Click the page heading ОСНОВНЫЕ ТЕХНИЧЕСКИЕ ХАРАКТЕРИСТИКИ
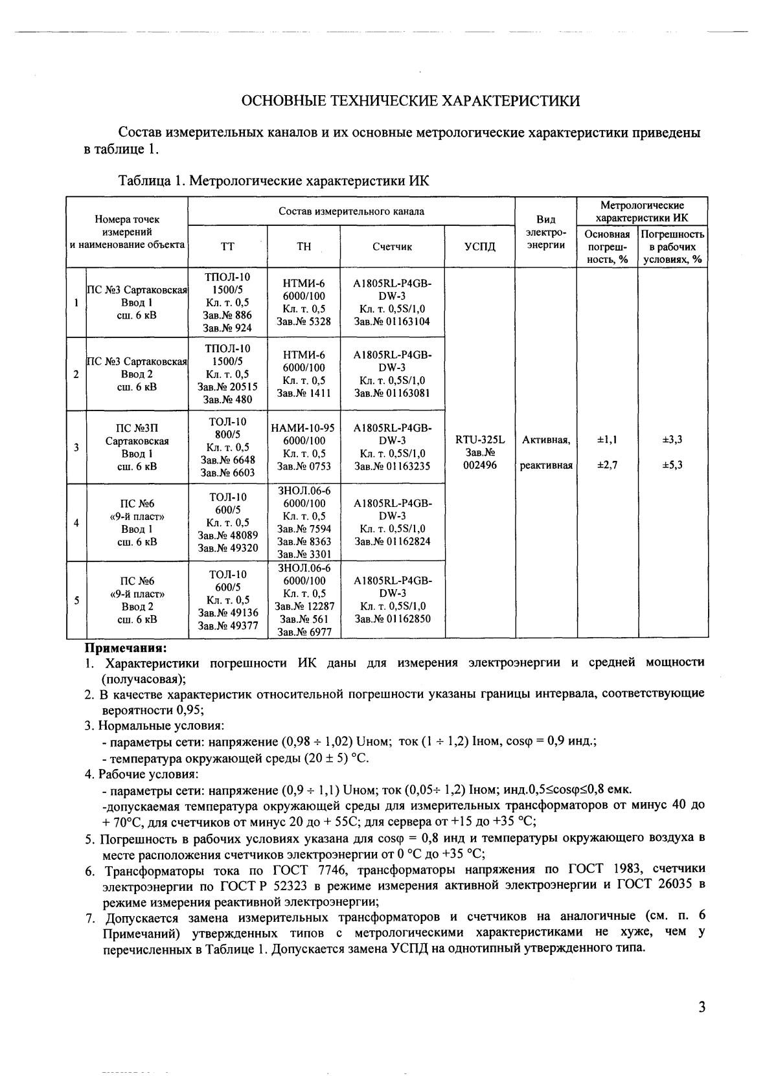pos(410,101)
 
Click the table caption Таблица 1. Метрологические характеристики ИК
pos(273,181)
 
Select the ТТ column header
pos(227,247)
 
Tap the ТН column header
pos(303,247)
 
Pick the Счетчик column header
pos(392,247)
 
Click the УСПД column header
pos(480,247)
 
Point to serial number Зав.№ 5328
pos(304,321)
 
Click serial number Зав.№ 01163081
pos(392,393)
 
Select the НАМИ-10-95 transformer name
pos(303,428)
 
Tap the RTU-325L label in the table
pos(480,440)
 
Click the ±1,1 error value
pos(607,440)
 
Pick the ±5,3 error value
pos(672,465)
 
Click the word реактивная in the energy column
pos(546,465)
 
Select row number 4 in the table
pos(76,522)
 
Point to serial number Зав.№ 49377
pos(227,625)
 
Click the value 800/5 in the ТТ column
pos(227,434)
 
